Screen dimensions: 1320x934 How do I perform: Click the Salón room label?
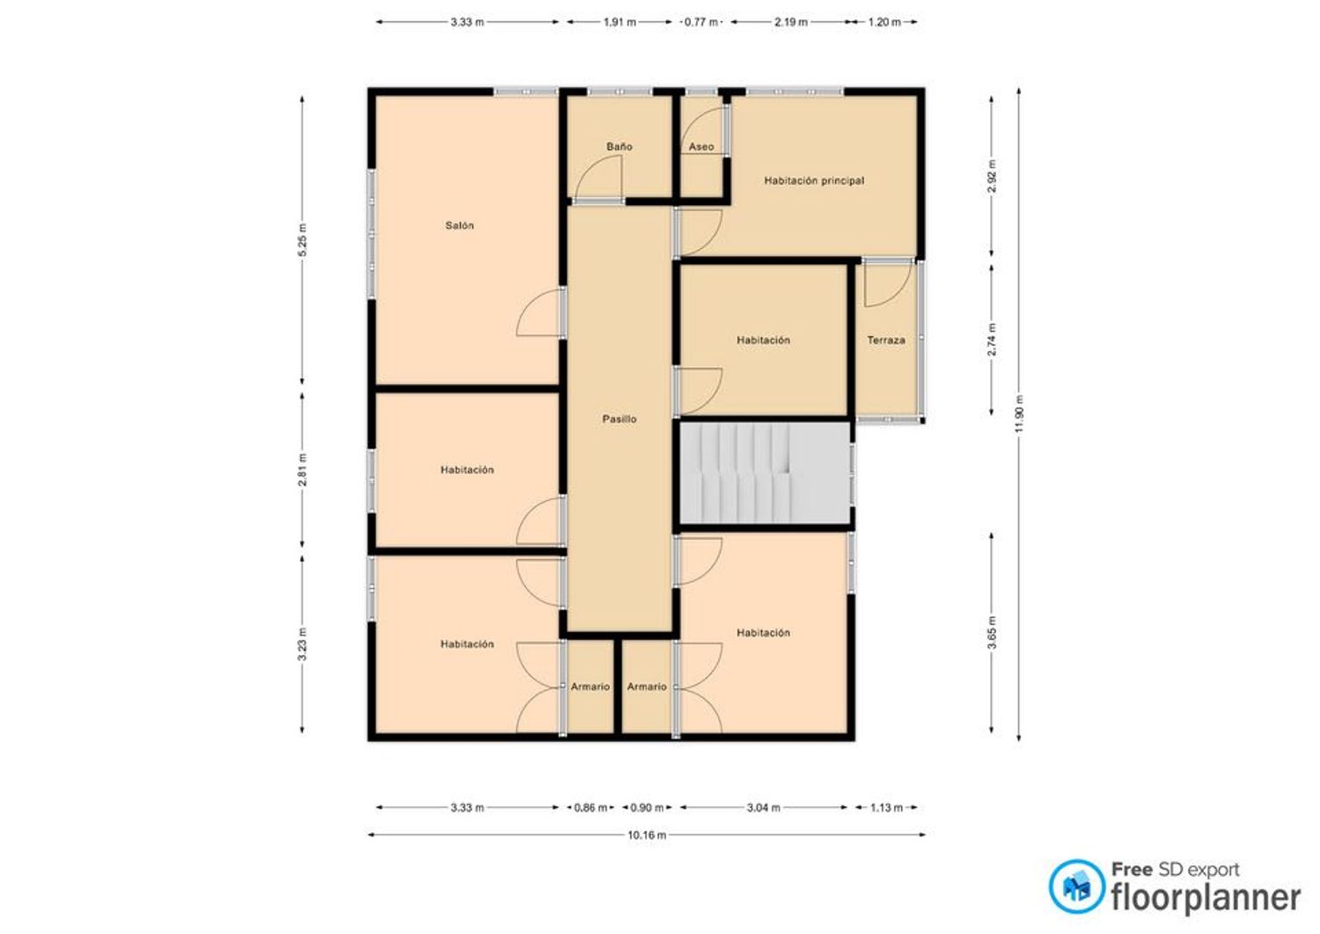click(459, 225)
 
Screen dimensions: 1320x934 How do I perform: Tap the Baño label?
click(619, 146)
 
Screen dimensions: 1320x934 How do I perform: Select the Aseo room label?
click(701, 146)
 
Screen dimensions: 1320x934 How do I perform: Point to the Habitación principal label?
click(814, 180)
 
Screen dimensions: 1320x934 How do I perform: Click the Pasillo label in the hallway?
click(619, 419)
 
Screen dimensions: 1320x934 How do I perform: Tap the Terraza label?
click(885, 340)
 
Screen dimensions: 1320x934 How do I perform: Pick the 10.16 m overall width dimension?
click(647, 835)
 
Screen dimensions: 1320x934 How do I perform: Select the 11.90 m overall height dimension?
click(1019, 414)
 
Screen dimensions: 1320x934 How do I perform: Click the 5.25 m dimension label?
click(303, 239)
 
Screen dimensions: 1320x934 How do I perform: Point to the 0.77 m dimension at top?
click(701, 22)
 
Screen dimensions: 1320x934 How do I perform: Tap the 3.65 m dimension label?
click(992, 632)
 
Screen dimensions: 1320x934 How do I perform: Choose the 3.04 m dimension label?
click(763, 808)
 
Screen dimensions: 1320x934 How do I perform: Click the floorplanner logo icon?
click(1076, 886)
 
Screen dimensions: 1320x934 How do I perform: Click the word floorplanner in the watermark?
click(1206, 898)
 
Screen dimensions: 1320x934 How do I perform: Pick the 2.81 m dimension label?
click(303, 470)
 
